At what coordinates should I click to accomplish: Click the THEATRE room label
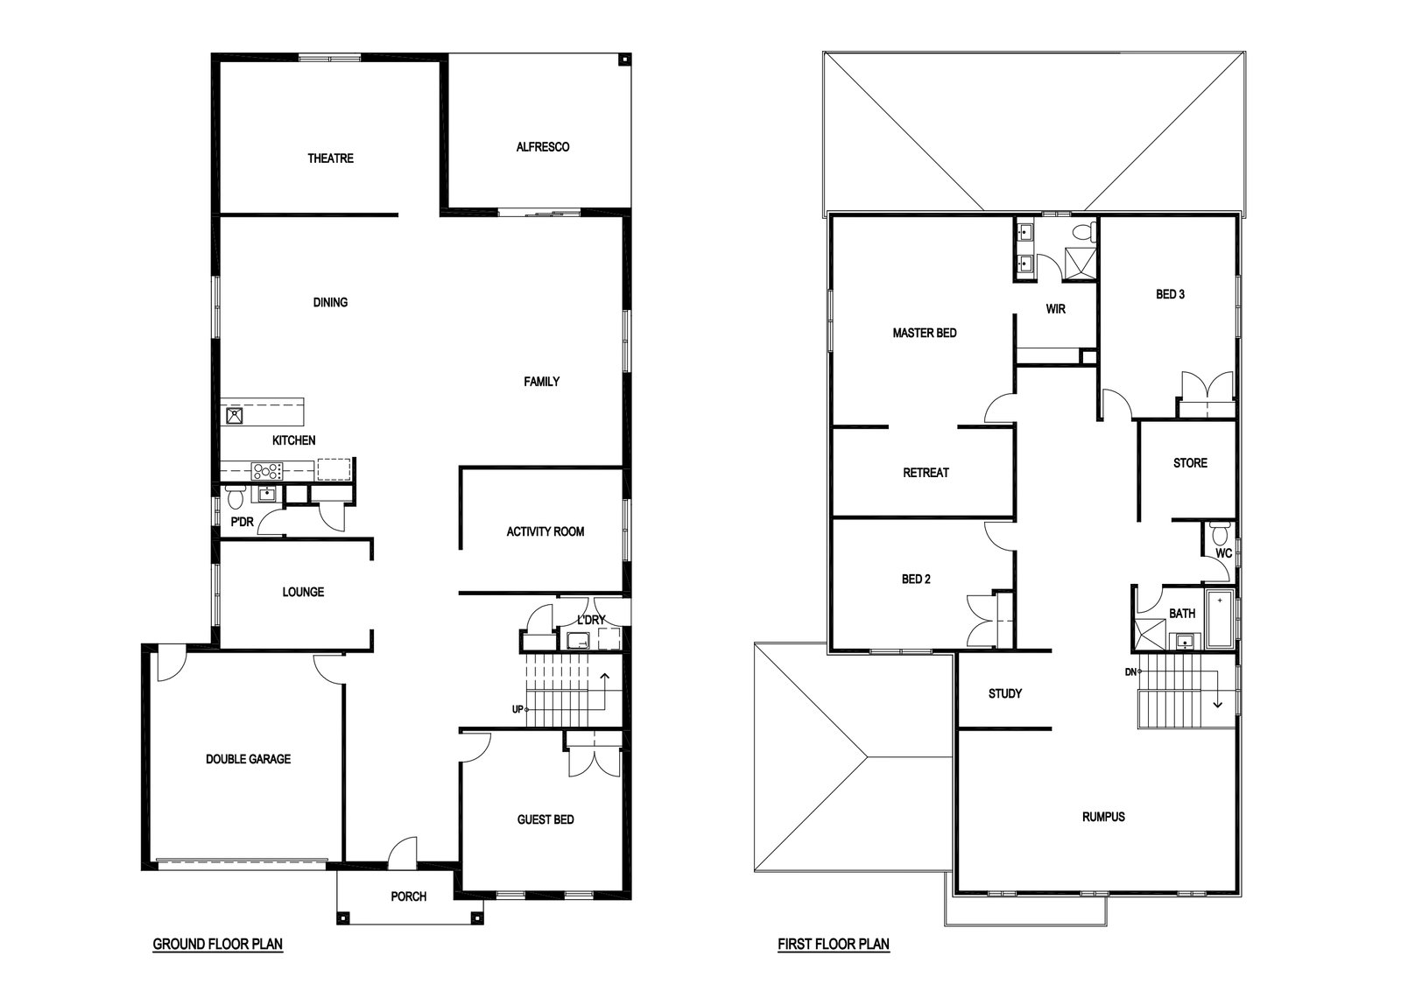[x=330, y=158]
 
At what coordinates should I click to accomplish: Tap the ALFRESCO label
[x=543, y=147]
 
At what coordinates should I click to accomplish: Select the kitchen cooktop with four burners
[x=267, y=471]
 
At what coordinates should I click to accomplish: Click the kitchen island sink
[x=234, y=416]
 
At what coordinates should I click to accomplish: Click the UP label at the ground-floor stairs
[x=517, y=710]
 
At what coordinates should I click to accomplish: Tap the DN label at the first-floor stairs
[x=1130, y=672]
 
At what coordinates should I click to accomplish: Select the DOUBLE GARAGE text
[x=249, y=759]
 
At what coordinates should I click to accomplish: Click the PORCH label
[x=408, y=896]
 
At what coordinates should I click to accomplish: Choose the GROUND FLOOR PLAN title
[x=218, y=944]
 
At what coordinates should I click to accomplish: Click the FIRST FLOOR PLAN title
[x=834, y=944]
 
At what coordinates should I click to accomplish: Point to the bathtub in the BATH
[x=1220, y=619]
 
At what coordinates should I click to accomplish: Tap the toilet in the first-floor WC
[x=1219, y=532]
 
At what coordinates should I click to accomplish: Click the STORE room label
[x=1190, y=463]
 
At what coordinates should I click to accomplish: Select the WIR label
[x=1056, y=309]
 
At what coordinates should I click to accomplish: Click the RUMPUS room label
[x=1103, y=817]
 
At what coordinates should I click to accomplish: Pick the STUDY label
[x=1005, y=693]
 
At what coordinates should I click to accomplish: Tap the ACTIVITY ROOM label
[x=546, y=531]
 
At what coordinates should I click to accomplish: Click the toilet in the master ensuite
[x=1084, y=232]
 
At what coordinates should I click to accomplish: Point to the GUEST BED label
[x=546, y=819]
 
